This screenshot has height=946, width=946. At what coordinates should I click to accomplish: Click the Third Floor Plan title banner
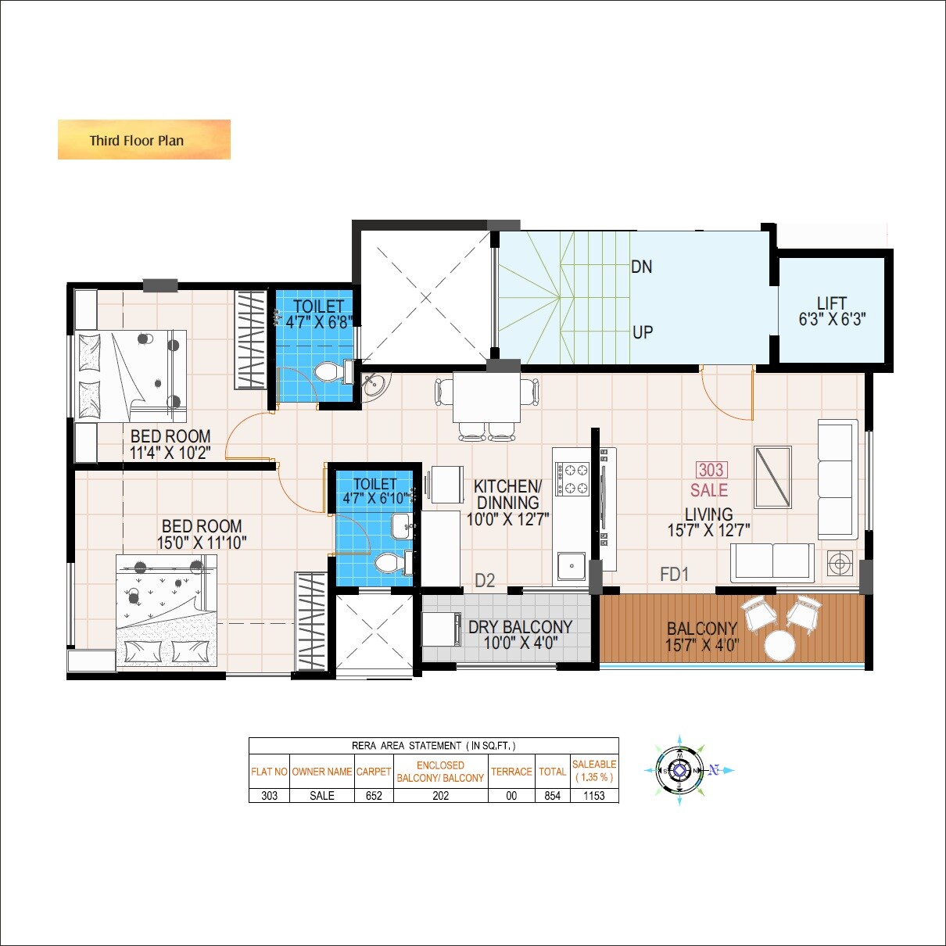(144, 140)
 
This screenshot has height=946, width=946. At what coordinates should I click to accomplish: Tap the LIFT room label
(831, 303)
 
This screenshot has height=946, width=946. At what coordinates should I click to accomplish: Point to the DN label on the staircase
(641, 267)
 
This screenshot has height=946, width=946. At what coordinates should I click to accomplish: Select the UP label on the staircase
(642, 332)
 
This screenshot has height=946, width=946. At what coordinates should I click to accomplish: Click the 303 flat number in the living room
(711, 470)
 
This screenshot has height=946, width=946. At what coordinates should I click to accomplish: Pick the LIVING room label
(708, 514)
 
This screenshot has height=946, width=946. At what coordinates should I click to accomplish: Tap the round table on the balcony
(779, 646)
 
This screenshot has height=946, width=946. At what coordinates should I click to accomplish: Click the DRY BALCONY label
(520, 627)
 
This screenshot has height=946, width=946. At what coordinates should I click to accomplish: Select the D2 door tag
(485, 580)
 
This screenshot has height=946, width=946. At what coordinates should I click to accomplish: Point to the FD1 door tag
(674, 575)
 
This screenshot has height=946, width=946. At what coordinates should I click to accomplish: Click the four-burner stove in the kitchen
(571, 478)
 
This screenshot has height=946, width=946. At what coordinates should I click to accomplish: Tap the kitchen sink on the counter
(572, 565)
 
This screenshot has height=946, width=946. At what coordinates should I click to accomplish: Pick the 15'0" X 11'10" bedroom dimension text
(202, 543)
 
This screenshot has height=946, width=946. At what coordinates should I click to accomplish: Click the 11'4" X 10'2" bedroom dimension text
(170, 453)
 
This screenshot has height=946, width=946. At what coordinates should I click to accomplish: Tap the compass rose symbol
(679, 771)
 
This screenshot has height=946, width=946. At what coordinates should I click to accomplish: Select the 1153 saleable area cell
(594, 795)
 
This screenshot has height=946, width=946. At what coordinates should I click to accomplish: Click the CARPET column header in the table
(374, 772)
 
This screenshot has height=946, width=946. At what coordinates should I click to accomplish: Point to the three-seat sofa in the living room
(837, 479)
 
